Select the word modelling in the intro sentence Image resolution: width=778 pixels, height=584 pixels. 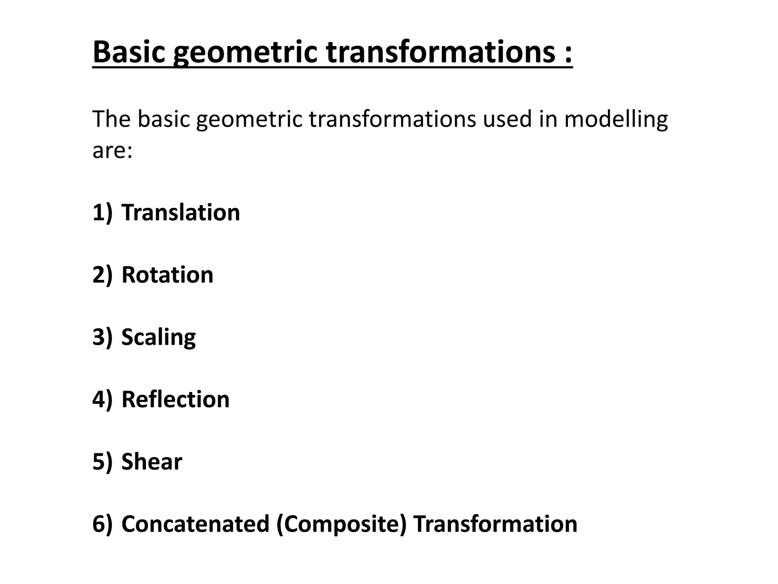(615, 119)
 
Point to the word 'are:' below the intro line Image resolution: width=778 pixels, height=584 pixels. (112, 151)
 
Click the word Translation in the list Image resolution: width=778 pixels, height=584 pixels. (181, 212)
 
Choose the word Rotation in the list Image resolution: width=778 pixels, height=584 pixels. (167, 275)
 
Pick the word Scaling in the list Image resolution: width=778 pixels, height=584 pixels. (158, 338)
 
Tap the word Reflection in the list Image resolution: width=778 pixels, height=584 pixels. (176, 399)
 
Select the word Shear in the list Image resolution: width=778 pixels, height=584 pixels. (152, 462)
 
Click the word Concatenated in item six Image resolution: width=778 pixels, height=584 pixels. (195, 524)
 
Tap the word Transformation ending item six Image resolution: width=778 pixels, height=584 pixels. (495, 524)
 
